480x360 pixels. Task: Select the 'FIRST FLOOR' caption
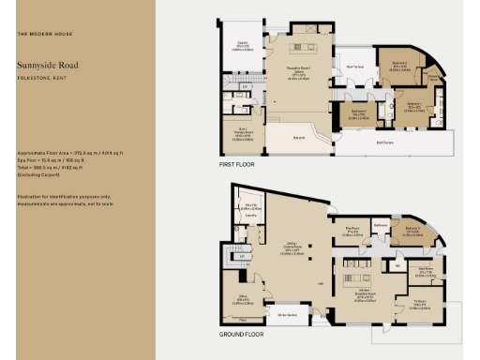[x=237, y=164]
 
